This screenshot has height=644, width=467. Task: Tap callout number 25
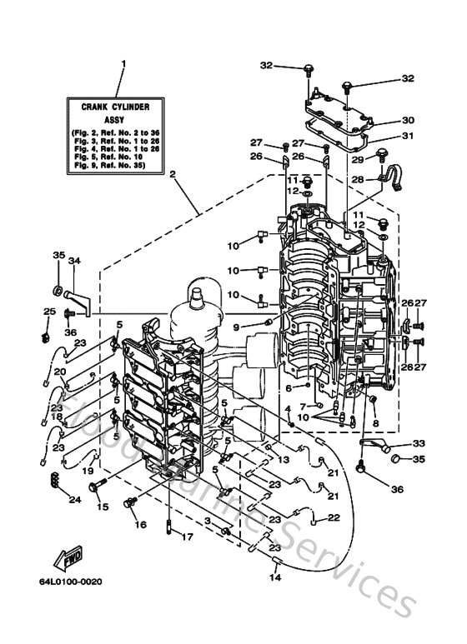(x=48, y=312)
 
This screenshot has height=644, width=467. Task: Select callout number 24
(x=73, y=500)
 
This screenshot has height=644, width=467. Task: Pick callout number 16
(x=140, y=525)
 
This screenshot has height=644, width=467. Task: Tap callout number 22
(x=334, y=517)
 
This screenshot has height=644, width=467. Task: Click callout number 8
(x=375, y=423)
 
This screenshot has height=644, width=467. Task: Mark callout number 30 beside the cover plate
(x=409, y=119)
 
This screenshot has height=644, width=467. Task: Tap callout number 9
(x=236, y=326)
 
